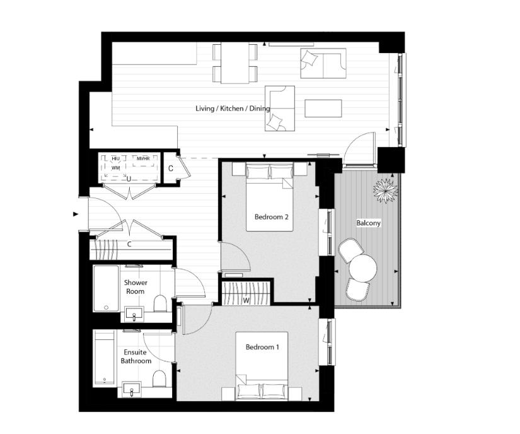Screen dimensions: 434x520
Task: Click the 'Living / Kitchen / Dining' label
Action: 233,108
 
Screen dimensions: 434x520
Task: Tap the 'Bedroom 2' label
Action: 271,217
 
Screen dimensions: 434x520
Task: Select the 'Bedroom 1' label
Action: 262,347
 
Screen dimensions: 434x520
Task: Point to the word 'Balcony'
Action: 368,223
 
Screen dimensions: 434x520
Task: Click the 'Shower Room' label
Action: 135,287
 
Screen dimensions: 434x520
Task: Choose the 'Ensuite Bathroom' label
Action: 136,356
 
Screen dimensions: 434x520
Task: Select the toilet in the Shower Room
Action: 159,304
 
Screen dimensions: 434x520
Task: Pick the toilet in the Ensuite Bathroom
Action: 159,378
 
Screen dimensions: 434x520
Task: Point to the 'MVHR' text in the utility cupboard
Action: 143,158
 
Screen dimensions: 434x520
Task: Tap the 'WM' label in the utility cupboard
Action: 115,168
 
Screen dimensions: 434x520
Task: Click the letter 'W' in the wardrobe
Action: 246,300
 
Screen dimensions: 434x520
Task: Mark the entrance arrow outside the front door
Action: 76,214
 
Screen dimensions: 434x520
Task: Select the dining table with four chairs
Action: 235,62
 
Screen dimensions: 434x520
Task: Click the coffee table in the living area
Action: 323,108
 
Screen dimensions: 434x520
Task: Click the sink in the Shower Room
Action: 134,313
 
